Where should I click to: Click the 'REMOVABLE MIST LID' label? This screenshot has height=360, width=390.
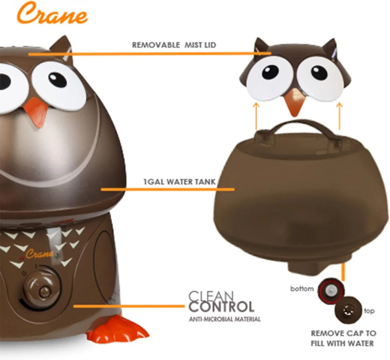pos(174,45)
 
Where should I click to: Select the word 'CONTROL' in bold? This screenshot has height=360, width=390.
pos(221,308)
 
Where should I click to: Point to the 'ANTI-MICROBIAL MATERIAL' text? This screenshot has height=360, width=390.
pos(225,319)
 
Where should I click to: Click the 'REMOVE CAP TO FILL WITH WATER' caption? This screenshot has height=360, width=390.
pos(343,338)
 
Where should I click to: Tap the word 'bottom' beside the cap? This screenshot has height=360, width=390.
pos(302,289)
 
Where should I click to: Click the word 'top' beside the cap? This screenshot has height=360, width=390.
pos(369,311)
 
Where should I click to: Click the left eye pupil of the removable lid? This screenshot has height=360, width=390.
pos(270,72)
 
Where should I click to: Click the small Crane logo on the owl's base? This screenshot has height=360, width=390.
pos(40,254)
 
